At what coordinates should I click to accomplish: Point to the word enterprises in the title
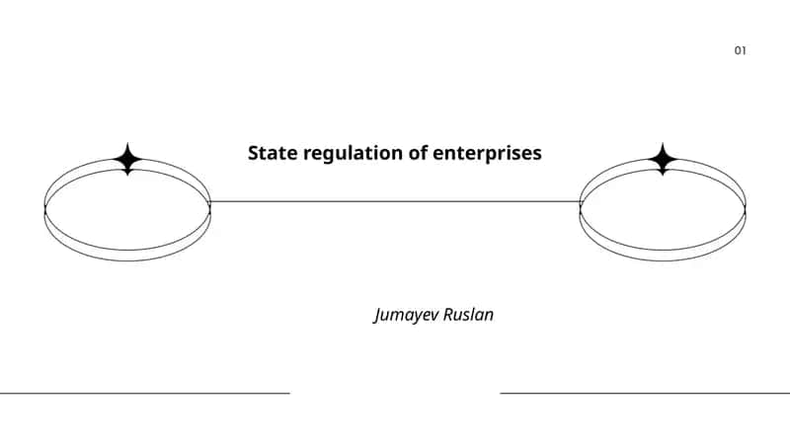click(x=487, y=154)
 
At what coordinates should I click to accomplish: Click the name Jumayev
click(x=406, y=315)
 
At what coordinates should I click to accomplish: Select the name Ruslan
click(x=468, y=314)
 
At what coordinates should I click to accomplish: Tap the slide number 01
click(x=740, y=50)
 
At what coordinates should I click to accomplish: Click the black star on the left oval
click(x=127, y=159)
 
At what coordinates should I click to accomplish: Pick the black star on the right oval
click(x=663, y=159)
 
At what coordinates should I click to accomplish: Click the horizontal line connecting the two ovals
click(x=395, y=202)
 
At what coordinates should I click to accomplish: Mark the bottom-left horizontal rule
click(x=145, y=393)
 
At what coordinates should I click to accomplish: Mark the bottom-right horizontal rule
click(x=645, y=393)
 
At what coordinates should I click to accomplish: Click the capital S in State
click(x=253, y=153)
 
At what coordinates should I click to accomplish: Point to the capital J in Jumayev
click(x=378, y=316)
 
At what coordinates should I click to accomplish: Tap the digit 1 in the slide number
click(x=744, y=50)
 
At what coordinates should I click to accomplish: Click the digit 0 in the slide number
click(x=737, y=50)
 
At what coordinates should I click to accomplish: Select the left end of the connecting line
click(x=209, y=202)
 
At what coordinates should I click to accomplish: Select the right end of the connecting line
click(x=581, y=202)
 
